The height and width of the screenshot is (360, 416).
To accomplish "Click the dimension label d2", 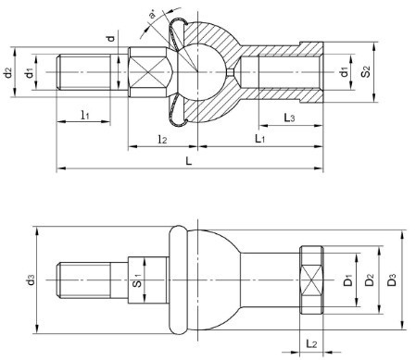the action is point(7,72).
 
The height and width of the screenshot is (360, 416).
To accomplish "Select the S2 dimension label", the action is point(365,72).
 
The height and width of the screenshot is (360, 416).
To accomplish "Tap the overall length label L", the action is point(188,161).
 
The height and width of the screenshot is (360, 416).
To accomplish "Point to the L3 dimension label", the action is point(289,118).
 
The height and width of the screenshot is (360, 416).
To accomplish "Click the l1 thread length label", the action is point(85,116).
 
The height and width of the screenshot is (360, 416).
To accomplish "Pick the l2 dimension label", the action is point(162,140).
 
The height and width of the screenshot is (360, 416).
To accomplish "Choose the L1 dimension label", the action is point(259,139).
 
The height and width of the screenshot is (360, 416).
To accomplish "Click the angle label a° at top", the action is point(153,14).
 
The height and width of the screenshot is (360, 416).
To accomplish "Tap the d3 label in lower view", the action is point(31,280).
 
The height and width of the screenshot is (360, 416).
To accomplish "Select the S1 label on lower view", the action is point(137,280).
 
